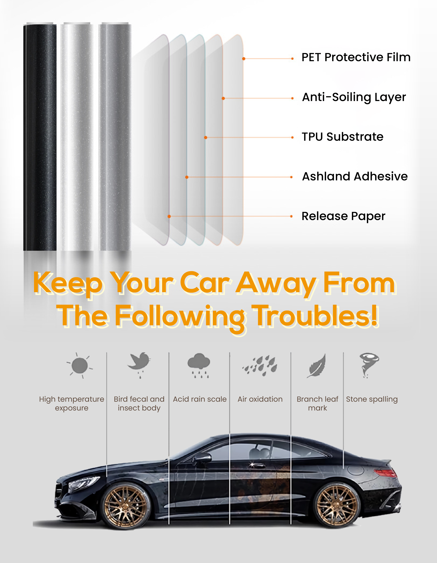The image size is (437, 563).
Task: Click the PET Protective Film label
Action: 356,57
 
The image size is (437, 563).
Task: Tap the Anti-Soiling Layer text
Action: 354,97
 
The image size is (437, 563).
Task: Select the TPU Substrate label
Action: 342,137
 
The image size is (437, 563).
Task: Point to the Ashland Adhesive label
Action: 355,176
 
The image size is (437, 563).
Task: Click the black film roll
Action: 40,137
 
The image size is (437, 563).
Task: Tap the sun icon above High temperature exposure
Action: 80,366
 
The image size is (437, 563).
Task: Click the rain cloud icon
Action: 199,364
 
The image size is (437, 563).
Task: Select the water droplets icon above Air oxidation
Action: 260,366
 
